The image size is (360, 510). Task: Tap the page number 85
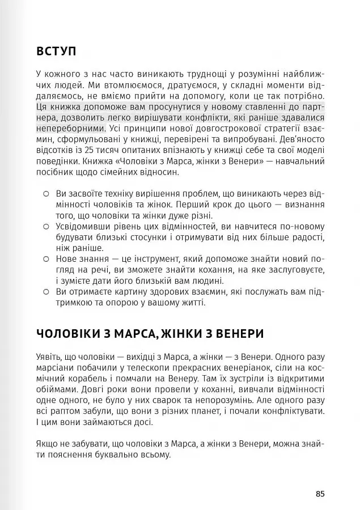(x=320, y=494)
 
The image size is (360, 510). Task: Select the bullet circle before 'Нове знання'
(x=46, y=259)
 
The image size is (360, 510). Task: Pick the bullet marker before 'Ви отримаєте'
(x=46, y=292)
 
